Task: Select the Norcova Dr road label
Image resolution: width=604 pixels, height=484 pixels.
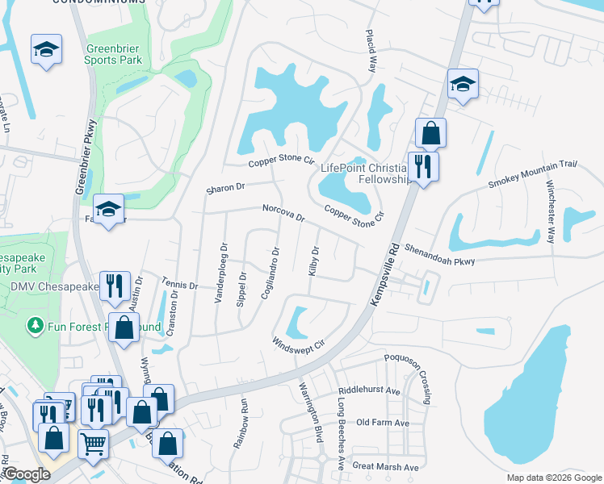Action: [283, 213]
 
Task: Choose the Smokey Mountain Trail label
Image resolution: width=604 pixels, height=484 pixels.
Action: [533, 175]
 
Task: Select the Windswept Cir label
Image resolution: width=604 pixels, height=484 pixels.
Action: [298, 342]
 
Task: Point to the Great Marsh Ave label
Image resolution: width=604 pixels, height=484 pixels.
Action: [386, 467]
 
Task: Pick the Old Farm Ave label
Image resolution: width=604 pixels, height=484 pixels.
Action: [383, 423]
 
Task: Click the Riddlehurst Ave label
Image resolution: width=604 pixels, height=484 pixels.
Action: [370, 390]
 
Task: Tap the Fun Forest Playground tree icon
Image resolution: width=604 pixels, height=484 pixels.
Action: [35, 326]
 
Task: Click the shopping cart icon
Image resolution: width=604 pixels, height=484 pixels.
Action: [94, 443]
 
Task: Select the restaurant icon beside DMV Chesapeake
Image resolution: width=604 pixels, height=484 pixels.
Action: [115, 284]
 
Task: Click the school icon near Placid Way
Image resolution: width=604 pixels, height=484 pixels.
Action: [463, 84]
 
